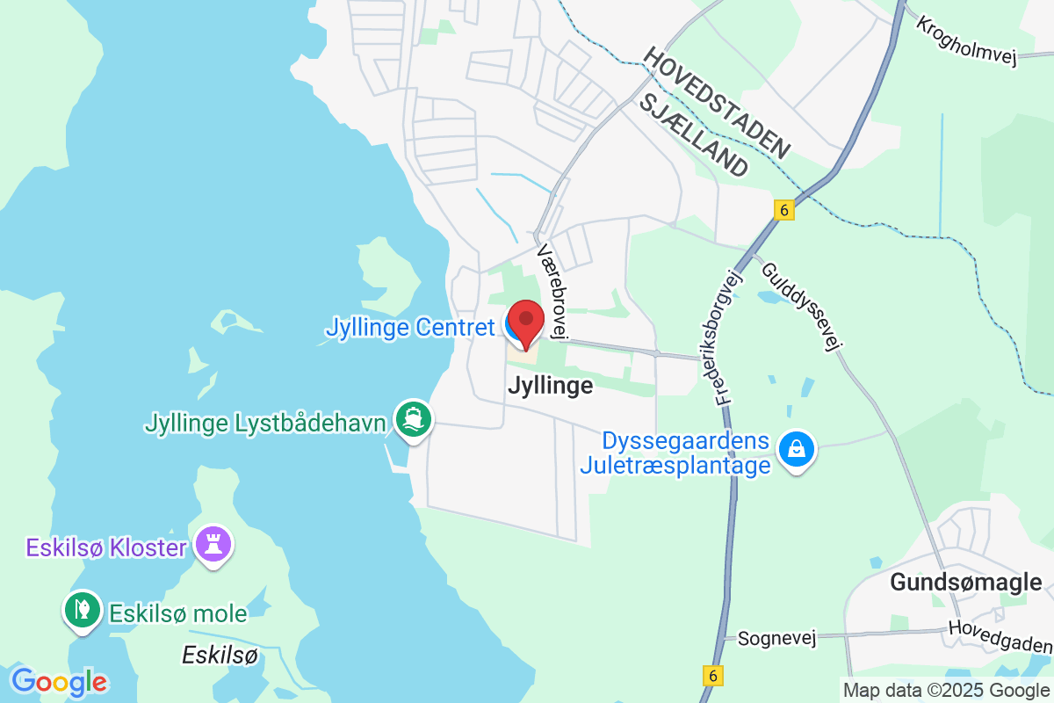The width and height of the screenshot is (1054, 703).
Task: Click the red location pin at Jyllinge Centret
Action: click(526, 322)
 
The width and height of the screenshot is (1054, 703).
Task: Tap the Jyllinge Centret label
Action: click(410, 328)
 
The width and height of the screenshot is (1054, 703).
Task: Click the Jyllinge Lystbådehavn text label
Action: click(265, 424)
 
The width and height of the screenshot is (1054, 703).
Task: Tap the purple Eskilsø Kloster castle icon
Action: click(213, 544)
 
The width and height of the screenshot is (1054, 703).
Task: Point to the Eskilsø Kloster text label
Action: click(106, 548)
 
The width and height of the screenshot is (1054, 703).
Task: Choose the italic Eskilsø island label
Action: click(220, 655)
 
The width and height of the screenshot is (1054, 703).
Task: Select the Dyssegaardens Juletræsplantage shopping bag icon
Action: click(796, 449)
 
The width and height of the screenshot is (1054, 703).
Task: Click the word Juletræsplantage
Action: click(675, 465)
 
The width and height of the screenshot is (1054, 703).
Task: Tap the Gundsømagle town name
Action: click(965, 582)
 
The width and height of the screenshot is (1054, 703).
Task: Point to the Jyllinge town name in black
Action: click(550, 386)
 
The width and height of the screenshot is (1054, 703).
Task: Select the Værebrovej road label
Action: click(554, 291)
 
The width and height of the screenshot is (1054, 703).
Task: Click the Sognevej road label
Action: click(776, 639)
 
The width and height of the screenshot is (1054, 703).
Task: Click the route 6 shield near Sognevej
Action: click(713, 675)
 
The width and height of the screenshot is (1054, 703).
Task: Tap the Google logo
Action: click(59, 682)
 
